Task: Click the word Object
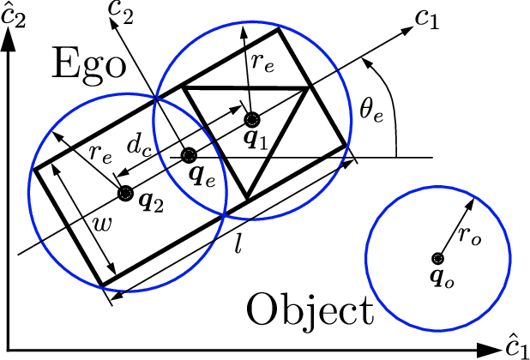[x=310, y=311]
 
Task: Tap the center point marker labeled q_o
[x=437, y=258]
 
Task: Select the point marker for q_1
[x=251, y=119]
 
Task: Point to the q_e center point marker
[x=189, y=155]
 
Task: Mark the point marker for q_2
[x=125, y=191]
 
